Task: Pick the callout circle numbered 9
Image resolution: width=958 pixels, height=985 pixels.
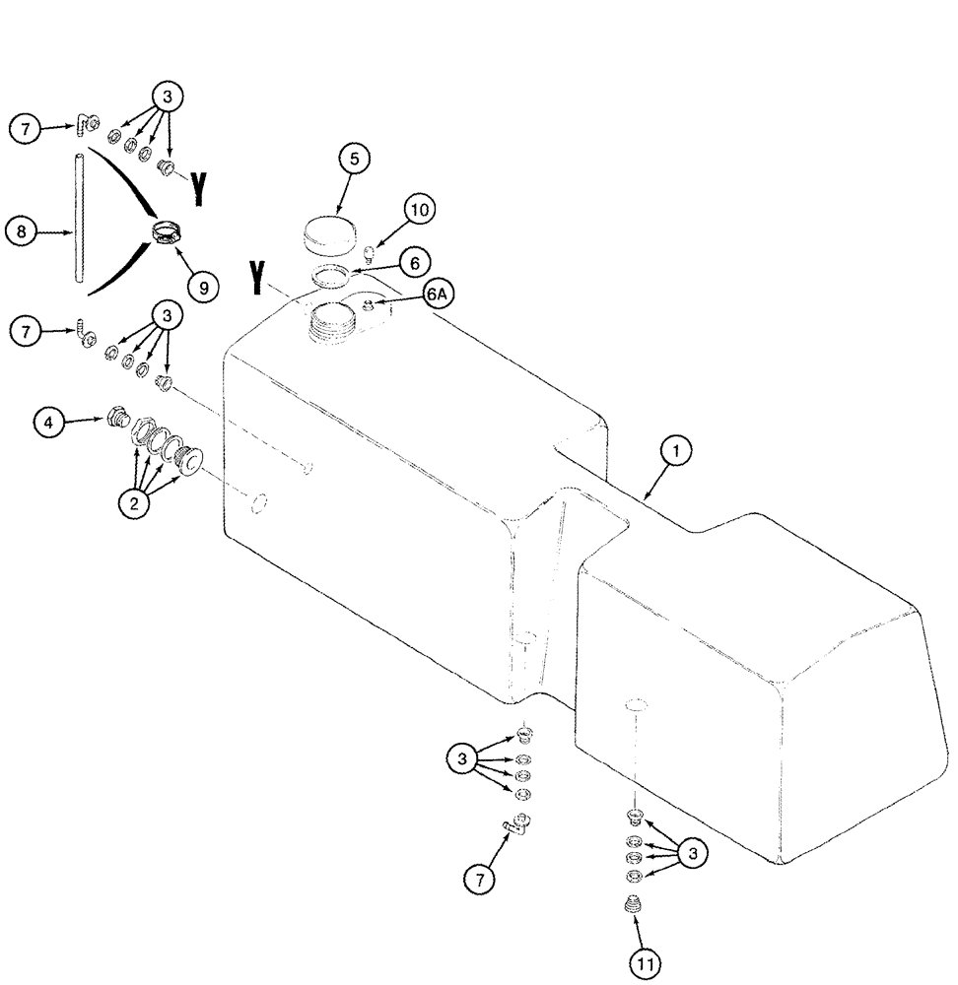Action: point(203,287)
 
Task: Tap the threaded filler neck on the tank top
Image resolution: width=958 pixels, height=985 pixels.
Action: point(330,323)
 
